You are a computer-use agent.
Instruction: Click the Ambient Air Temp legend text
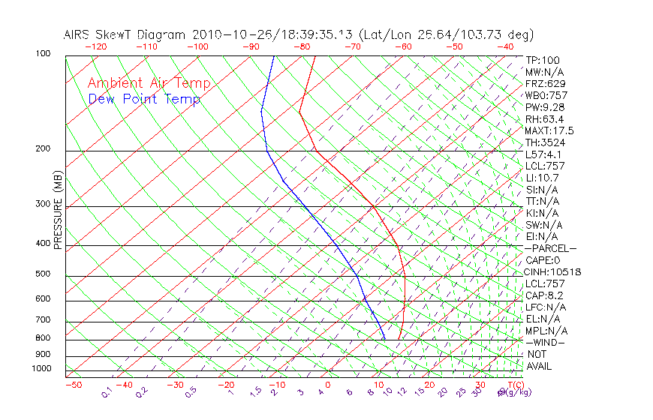[149, 84]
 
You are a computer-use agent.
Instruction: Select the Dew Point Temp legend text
[144, 100]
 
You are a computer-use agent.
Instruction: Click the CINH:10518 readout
[554, 272]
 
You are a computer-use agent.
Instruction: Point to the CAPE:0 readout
[544, 260]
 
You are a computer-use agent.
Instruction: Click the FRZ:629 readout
[546, 84]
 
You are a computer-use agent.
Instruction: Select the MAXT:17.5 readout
[549, 130]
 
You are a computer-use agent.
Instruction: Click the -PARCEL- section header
[551, 248]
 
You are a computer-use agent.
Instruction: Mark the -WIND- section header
[546, 342]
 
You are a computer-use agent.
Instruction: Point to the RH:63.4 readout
[543, 119]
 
